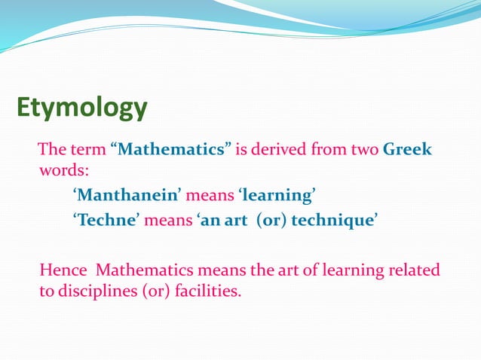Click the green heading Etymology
tap(82, 107)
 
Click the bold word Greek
tap(407, 148)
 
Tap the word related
tap(414, 269)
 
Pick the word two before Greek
tap(364, 148)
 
